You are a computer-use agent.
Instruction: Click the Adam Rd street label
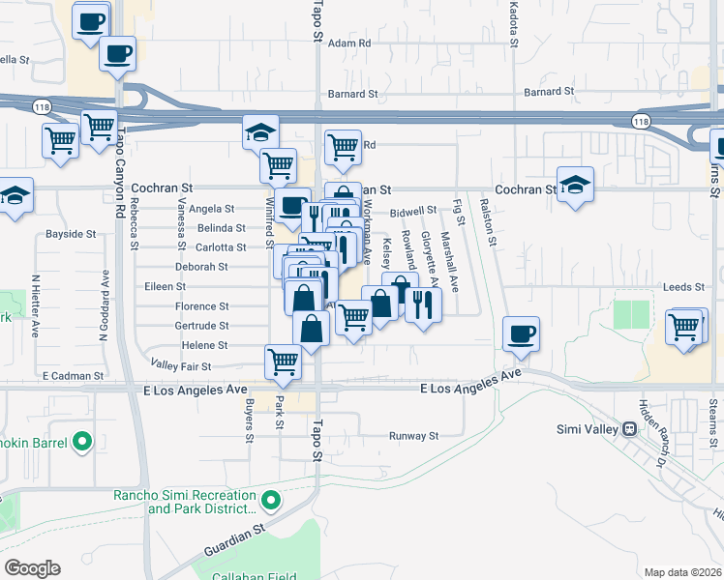[x=349, y=43]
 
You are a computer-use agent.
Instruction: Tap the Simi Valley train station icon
[x=628, y=428]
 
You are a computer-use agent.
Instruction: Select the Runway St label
[x=414, y=436]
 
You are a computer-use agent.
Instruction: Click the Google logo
[x=32, y=568]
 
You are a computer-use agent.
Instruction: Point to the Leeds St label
[x=681, y=287]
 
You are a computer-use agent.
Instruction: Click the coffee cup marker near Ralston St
[x=521, y=334]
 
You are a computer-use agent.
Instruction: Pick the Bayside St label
[x=72, y=234]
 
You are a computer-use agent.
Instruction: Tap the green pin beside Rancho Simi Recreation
[x=272, y=501]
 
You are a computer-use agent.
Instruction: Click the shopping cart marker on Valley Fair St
[x=283, y=362]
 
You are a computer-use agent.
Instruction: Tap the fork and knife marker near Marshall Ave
[x=424, y=305]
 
